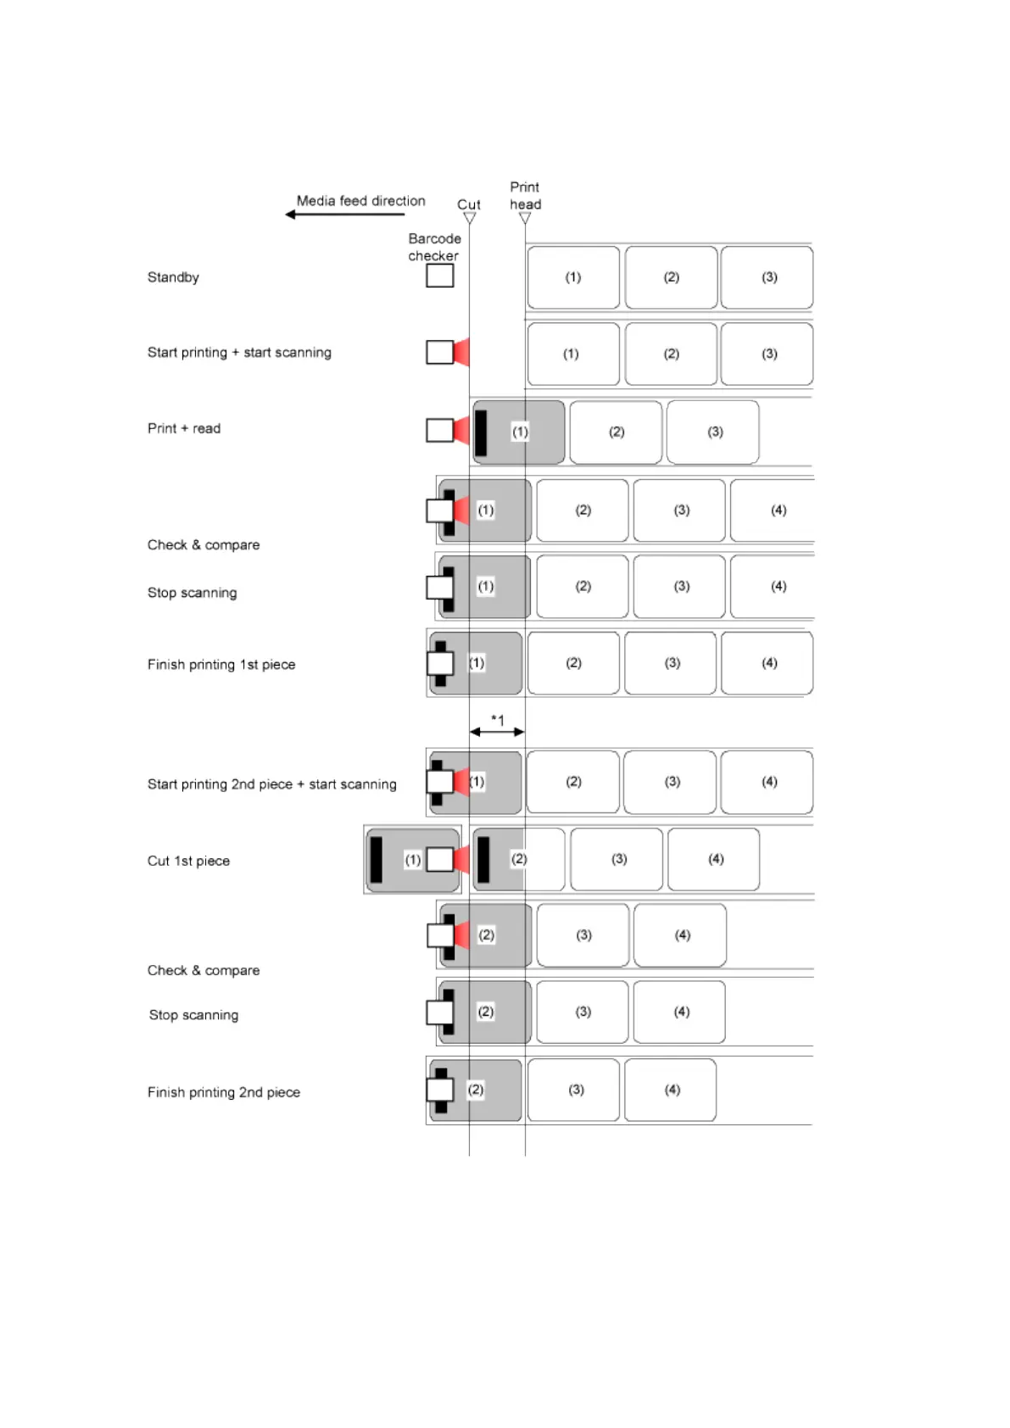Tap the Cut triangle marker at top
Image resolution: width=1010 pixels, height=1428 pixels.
[469, 218]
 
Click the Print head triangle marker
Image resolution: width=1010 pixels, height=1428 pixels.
[525, 218]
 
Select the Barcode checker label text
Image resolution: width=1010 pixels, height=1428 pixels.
[434, 247]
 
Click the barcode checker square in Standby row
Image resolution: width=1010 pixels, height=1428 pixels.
[439, 276]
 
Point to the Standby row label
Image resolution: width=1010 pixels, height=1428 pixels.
[173, 277]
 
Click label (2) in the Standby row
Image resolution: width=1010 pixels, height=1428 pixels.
[671, 277]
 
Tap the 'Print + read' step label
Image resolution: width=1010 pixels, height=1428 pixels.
[184, 428]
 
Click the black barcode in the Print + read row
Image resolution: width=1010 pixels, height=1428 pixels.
[481, 432]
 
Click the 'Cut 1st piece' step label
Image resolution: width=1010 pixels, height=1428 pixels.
[188, 861]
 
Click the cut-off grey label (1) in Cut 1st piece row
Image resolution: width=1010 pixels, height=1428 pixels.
[412, 859]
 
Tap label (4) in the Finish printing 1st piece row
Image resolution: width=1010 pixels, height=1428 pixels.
[768, 663]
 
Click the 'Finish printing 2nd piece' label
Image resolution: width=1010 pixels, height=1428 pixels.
[224, 1092]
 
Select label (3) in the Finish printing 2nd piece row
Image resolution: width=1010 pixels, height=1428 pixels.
[576, 1090]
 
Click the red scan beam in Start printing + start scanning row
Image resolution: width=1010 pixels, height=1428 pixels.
[461, 352]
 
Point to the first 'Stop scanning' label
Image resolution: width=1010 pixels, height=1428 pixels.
[193, 593]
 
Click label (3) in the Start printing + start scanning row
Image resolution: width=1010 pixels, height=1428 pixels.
[768, 354]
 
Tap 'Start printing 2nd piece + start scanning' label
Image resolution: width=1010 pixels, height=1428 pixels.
[271, 784]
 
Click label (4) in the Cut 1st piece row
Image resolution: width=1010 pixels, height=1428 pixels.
[715, 859]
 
